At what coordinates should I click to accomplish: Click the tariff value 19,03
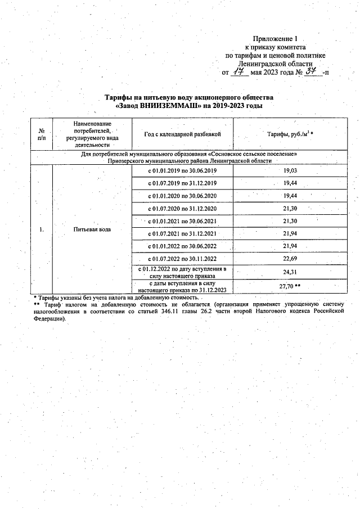tap(290, 170)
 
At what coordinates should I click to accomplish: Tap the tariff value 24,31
tap(290, 272)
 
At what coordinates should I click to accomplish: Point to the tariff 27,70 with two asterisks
tap(290, 286)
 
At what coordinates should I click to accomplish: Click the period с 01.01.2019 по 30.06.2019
tap(182, 170)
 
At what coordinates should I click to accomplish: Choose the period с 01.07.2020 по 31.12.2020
tap(182, 208)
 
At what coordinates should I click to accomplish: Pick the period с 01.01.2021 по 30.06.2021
tap(182, 220)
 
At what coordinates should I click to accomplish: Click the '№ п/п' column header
tap(42, 134)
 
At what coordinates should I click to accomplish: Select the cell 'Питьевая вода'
tap(92, 229)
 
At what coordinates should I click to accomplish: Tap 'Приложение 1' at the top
tap(274, 39)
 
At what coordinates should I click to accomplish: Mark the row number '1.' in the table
tap(42, 229)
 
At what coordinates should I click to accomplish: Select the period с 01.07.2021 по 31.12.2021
tap(182, 233)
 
